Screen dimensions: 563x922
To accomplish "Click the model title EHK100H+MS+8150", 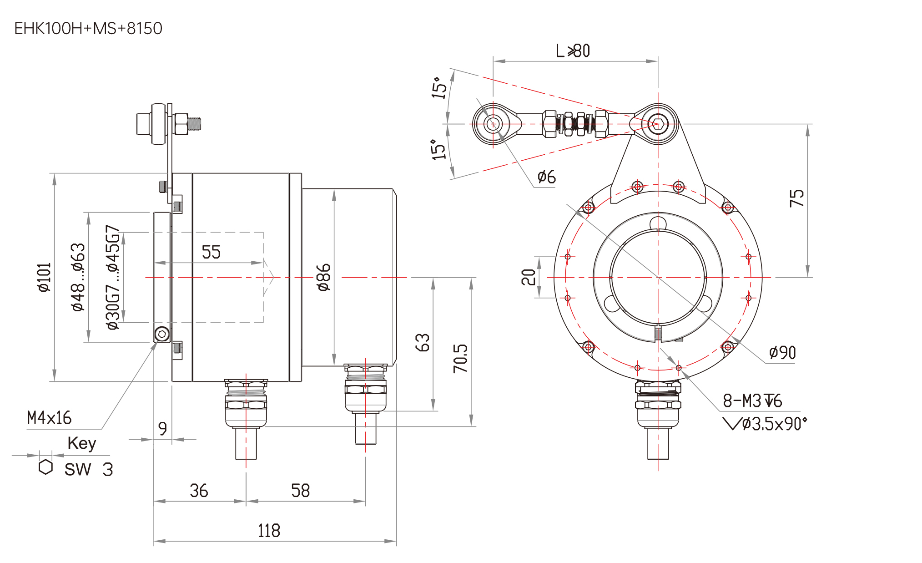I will [x=88, y=28].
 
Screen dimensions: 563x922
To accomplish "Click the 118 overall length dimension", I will [x=269, y=530].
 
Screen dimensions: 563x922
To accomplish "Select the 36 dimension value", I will [x=199, y=490].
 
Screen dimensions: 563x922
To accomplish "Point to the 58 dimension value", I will [x=300, y=490].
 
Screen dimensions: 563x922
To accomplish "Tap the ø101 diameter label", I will [x=45, y=276].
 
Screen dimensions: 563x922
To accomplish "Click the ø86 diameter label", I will [x=323, y=277].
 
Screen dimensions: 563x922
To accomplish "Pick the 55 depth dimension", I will [x=211, y=252].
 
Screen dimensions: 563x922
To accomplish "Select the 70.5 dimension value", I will [x=460, y=358].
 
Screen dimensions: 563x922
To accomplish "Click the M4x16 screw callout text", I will [x=49, y=417].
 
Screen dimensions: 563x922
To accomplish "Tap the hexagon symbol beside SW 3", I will [x=45, y=467].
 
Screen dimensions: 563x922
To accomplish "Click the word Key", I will [x=82, y=443].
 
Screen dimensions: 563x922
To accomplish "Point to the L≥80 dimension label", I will [x=573, y=51].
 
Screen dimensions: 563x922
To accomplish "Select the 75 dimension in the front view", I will [x=796, y=198].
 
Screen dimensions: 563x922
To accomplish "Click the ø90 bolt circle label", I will [x=782, y=353].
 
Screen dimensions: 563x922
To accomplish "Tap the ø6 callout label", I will [x=546, y=177].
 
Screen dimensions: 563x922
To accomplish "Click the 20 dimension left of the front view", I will [x=529, y=277].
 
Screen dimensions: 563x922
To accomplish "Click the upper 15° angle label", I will [x=439, y=87].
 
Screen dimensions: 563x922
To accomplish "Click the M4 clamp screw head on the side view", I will [x=162, y=334].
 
